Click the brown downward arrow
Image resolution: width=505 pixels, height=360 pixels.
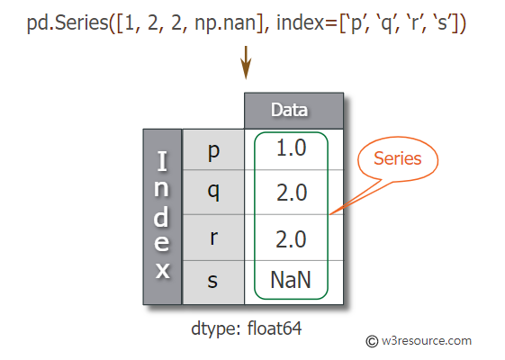[246, 62]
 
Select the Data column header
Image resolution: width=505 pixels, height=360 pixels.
[293, 111]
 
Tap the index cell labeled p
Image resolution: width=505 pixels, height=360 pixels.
[213, 149]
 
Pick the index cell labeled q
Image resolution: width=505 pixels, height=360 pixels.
[213, 193]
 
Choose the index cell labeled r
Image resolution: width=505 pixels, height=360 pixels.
[213, 238]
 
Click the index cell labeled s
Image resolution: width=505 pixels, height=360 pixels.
[213, 282]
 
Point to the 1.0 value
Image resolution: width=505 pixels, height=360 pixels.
[291, 148]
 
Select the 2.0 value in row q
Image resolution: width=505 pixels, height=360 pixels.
[292, 193]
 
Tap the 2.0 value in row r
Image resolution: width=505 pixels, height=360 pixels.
[291, 239]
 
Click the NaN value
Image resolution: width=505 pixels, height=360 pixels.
[291, 280]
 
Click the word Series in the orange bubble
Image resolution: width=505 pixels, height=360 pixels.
[398, 158]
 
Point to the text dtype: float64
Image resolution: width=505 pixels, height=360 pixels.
[247, 328]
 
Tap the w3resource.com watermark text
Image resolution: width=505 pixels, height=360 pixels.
[427, 341]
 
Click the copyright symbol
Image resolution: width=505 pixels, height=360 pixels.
[372, 341]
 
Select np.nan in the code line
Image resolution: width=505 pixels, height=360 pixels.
[225, 23]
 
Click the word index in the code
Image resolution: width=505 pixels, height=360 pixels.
[300, 22]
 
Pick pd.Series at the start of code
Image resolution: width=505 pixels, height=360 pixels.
[68, 22]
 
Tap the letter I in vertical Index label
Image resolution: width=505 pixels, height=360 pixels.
[162, 161]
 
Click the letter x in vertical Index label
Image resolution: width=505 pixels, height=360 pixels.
[163, 271]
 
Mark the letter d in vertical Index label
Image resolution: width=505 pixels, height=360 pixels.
[161, 216]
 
